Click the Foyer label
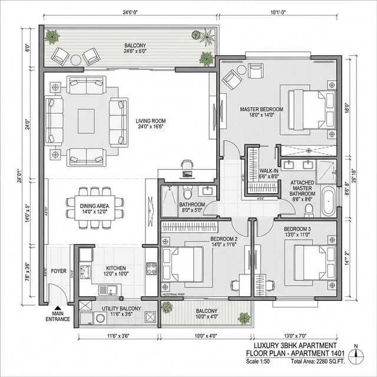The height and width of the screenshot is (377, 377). point(58,272)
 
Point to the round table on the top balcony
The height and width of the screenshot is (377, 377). point(76,59)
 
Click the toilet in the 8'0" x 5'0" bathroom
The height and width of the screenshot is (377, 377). point(187,193)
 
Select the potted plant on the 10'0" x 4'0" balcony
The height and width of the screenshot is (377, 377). point(167,307)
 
